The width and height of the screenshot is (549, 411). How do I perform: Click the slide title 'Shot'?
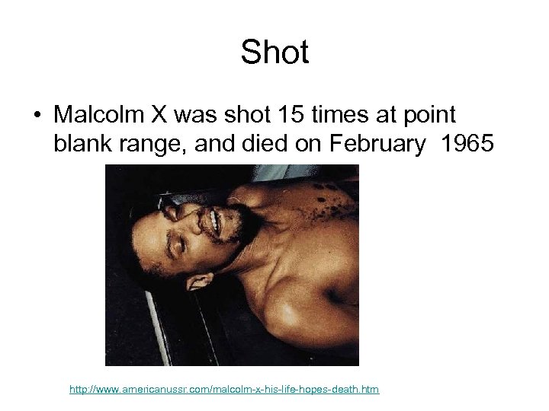coord(274,53)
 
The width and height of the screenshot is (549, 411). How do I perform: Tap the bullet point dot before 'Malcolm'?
coord(36,116)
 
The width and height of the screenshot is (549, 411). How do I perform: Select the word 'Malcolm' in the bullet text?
coord(100,115)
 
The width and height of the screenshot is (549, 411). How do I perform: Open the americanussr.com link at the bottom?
coord(224,390)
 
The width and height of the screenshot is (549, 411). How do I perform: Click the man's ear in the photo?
coord(199,281)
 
